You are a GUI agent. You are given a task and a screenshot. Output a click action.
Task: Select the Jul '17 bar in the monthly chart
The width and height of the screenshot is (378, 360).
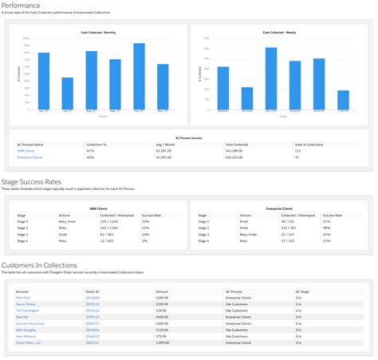[x=68, y=95]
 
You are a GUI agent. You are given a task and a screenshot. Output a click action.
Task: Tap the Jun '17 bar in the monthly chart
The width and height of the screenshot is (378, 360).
[x=44, y=83]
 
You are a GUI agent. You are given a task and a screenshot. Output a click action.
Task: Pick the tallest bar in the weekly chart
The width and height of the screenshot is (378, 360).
[x=271, y=80]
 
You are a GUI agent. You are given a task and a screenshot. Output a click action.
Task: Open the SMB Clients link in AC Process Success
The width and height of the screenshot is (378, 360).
[x=26, y=150]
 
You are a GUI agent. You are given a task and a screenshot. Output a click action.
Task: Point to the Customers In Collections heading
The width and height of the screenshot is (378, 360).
[x=40, y=265]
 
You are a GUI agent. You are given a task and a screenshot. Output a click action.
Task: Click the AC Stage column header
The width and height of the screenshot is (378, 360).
[x=304, y=291]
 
